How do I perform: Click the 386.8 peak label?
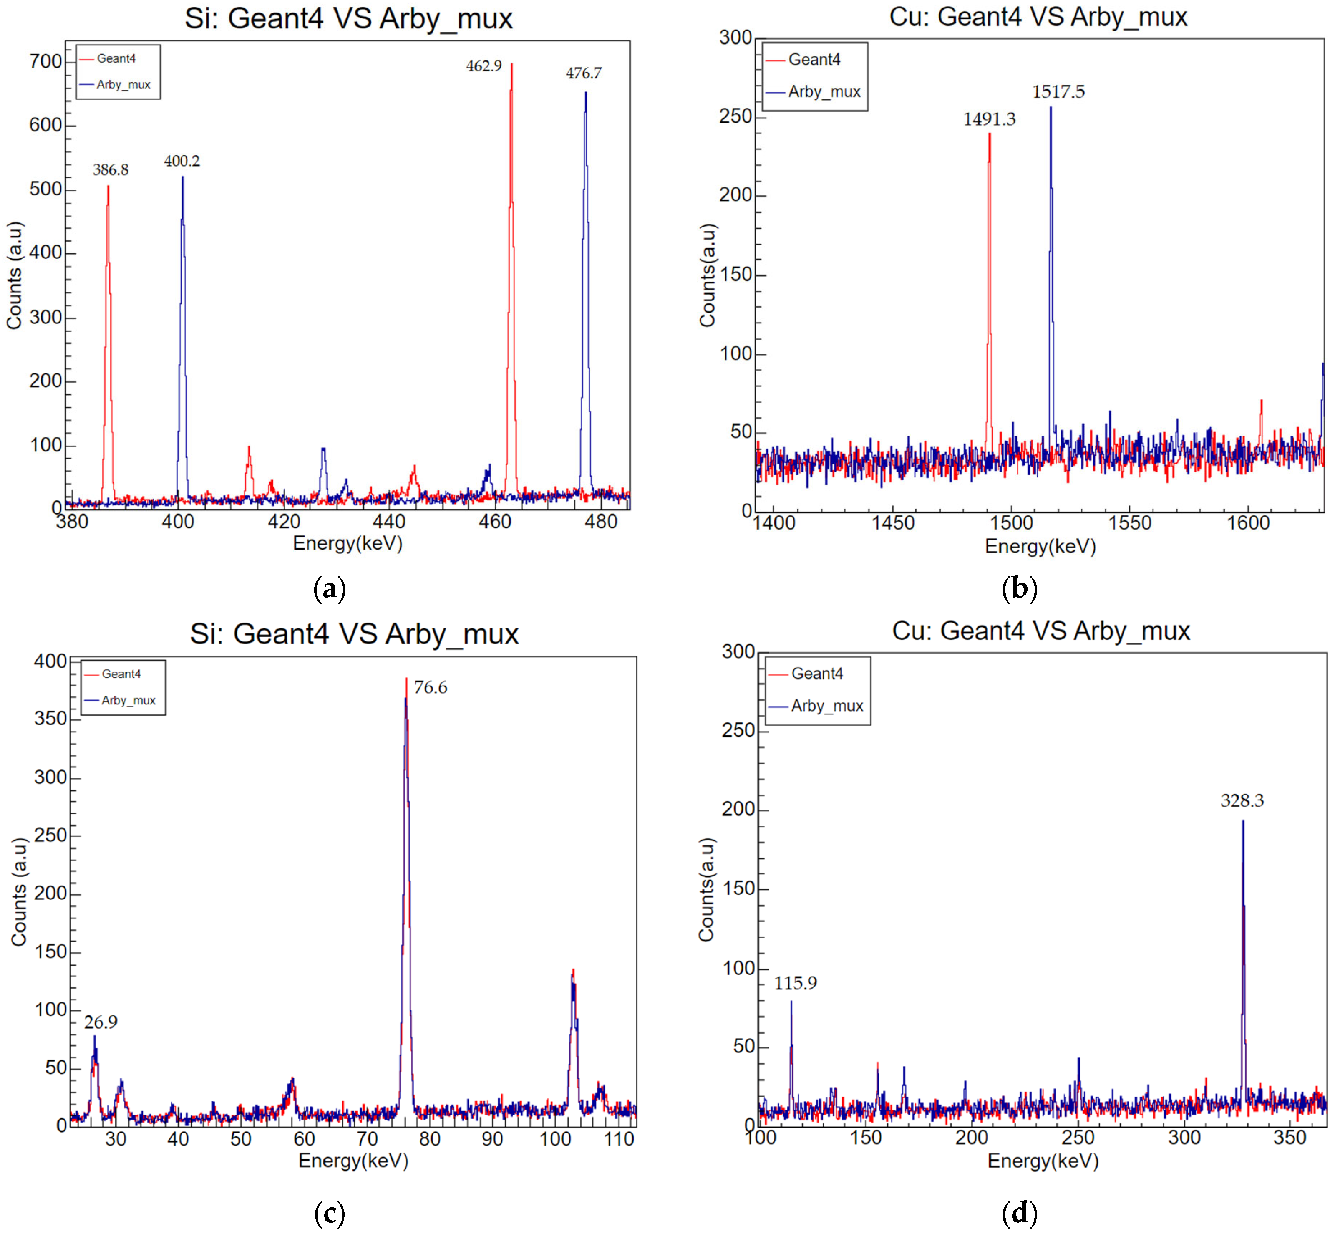click(x=110, y=170)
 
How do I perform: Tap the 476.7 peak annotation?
click(x=584, y=73)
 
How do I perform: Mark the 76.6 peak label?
click(x=430, y=687)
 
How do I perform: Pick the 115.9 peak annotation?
click(x=795, y=982)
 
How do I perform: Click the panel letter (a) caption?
click(x=329, y=588)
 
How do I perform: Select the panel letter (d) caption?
click(x=1019, y=1212)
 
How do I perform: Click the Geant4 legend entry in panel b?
click(x=814, y=60)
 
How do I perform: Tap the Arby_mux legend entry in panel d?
click(x=827, y=706)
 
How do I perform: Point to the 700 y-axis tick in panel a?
click(x=45, y=61)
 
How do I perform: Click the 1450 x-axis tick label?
click(x=893, y=522)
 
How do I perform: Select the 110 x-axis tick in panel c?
click(x=619, y=1138)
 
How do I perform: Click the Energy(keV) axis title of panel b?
click(x=1040, y=546)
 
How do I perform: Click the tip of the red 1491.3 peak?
click(x=990, y=134)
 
